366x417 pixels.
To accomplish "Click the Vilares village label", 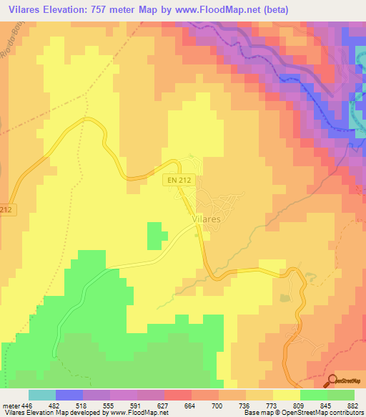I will pos(206,217).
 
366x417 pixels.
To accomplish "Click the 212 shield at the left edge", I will pos(6,209).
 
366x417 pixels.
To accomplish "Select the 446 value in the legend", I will pos(21,405).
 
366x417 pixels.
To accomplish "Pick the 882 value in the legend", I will pos(353,405).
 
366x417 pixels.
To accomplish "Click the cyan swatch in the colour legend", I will pos(42,395).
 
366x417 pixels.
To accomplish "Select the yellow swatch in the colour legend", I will pos(287,395).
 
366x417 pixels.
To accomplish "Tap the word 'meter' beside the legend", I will pos(7,405).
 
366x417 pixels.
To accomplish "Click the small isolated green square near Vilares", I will pos(155,236).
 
